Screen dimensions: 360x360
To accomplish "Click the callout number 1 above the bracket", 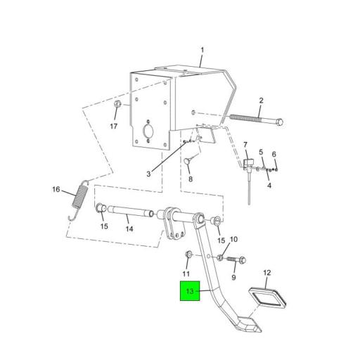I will point(202,50).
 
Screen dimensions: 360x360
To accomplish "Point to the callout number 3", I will point(149,174).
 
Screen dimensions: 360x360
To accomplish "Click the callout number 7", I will point(245,146).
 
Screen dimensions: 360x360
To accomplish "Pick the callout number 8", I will point(189,179).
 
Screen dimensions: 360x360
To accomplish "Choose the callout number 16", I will point(56,189).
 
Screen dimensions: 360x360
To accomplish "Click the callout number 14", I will point(129,228).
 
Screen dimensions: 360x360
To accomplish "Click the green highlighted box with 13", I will point(188,291).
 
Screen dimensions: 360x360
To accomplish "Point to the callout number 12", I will point(266,272).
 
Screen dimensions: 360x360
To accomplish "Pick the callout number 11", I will point(186,273).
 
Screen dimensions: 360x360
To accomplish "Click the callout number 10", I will point(234,240).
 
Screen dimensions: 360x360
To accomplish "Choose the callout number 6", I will point(274,154).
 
